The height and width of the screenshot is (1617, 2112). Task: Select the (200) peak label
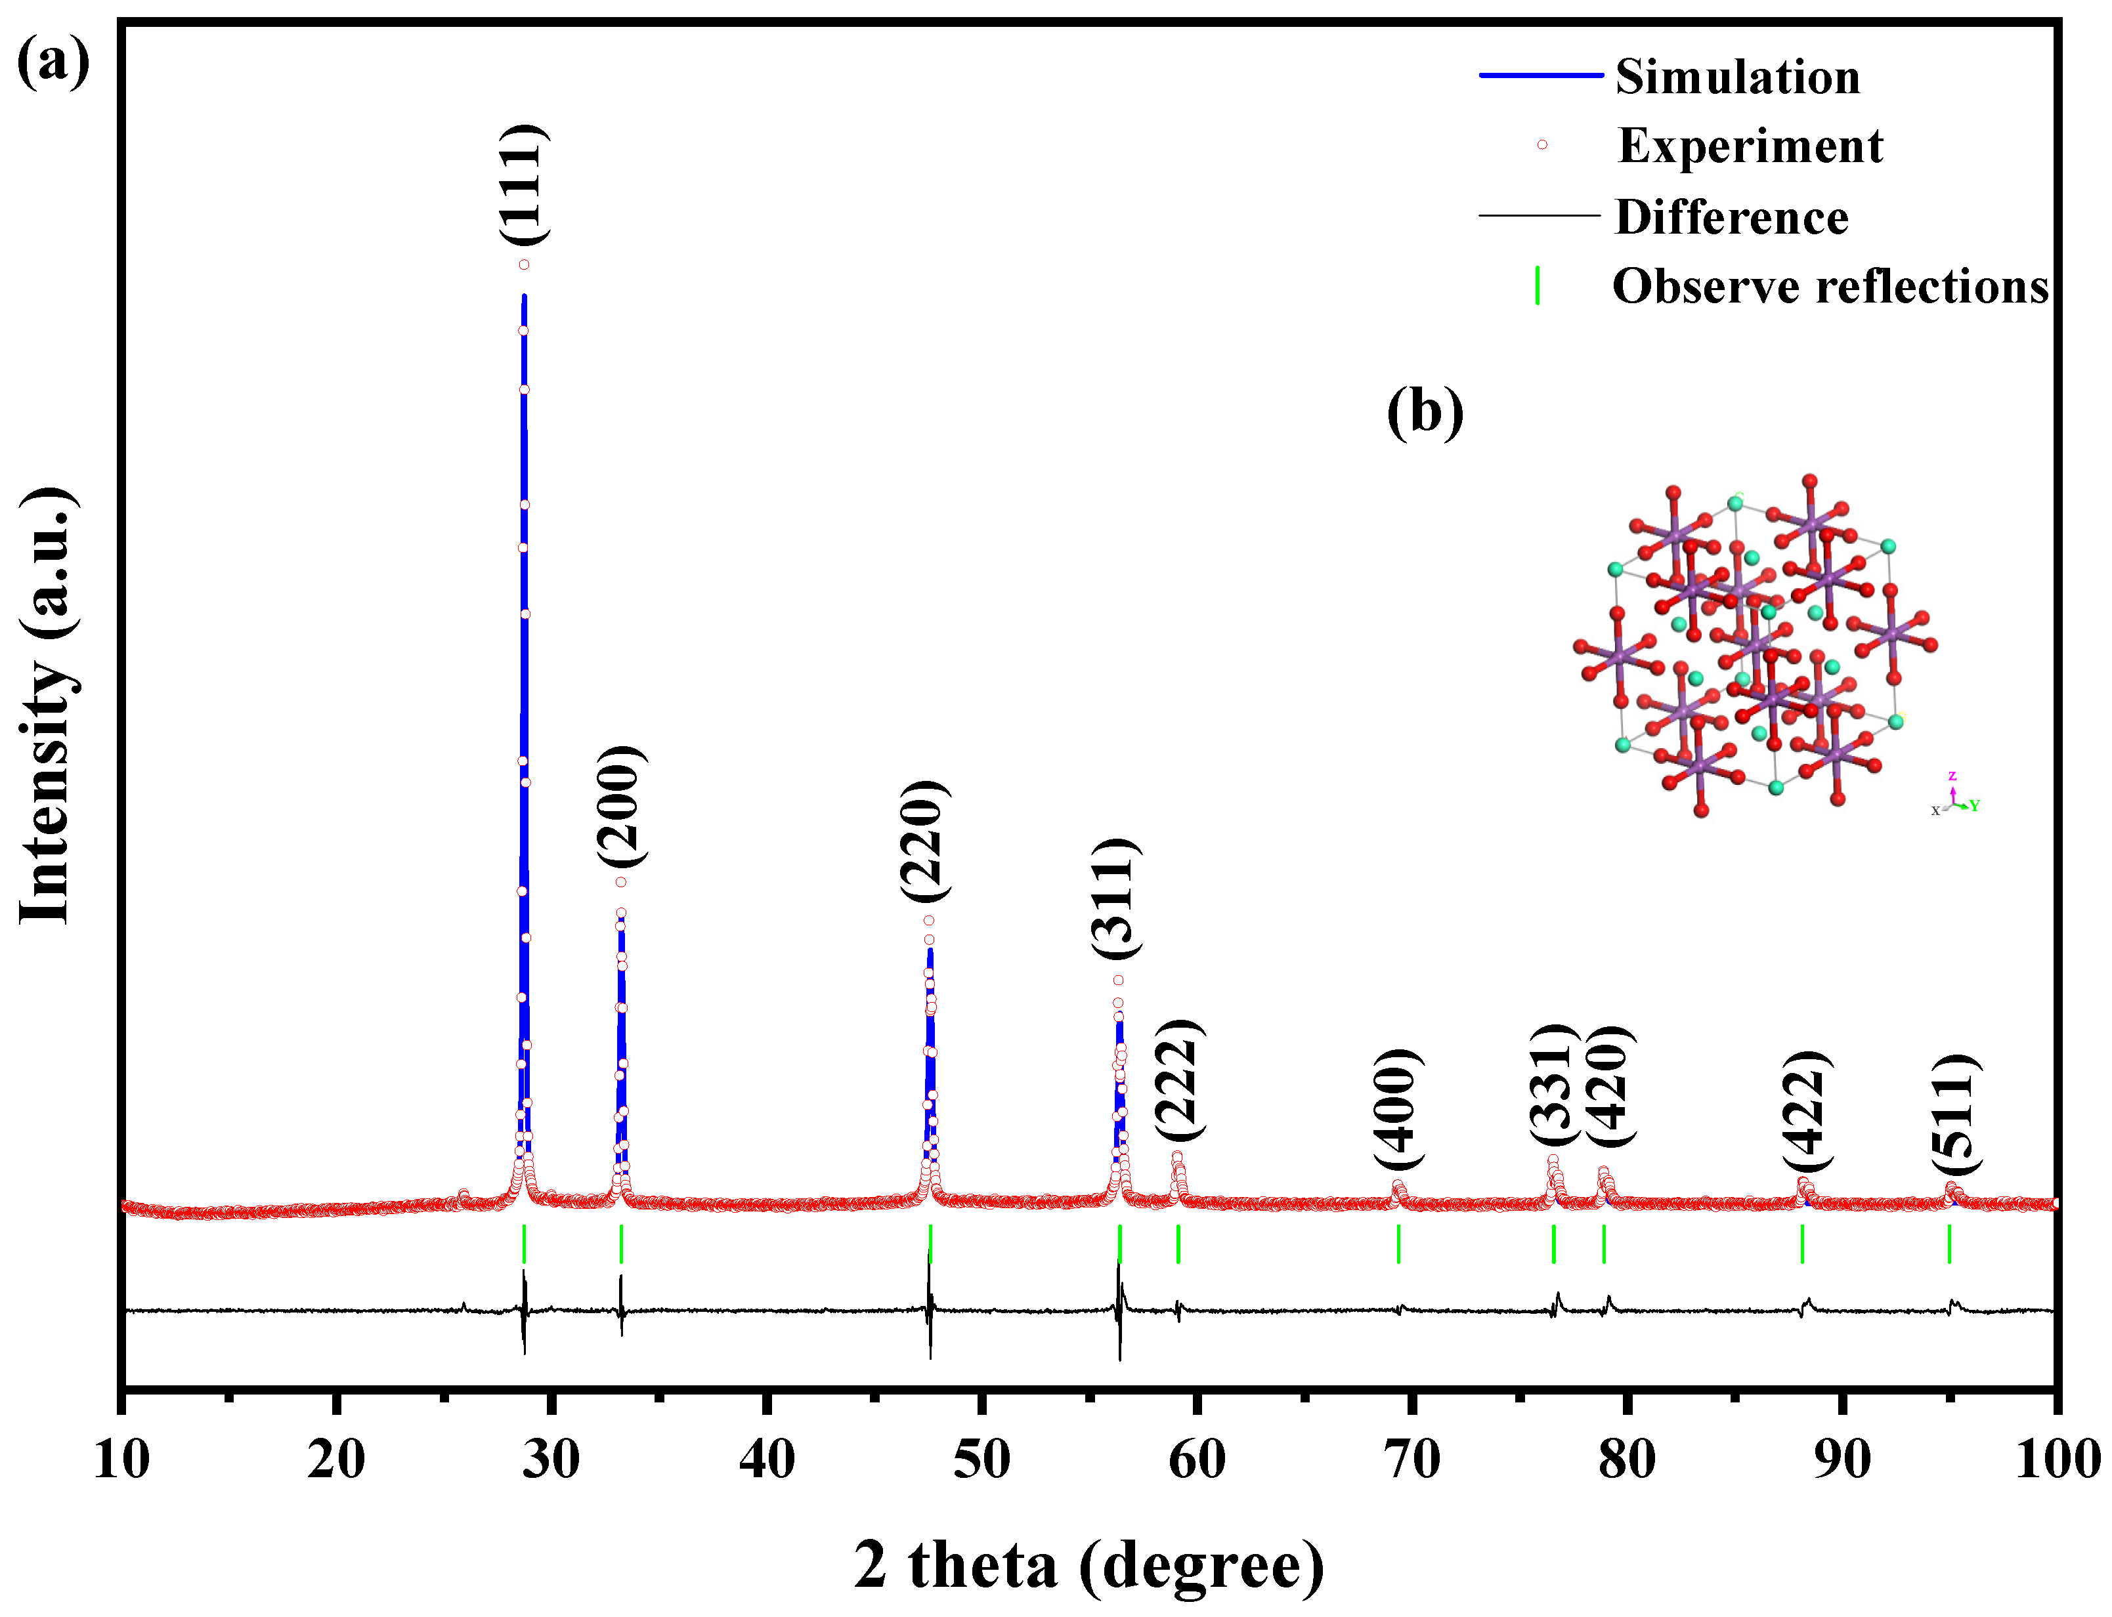tap(622, 807)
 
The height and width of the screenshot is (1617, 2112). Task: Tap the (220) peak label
tap(926, 841)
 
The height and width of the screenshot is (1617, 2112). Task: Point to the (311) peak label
tap(1117, 898)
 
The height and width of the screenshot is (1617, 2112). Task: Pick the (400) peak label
tap(1398, 1109)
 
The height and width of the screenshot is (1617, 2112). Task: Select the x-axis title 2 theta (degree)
tap(1088, 1565)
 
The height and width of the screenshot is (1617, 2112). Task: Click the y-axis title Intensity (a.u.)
tap(46, 707)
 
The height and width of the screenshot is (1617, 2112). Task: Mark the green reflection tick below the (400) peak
tap(1398, 1244)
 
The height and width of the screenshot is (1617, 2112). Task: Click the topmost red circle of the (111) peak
tap(525, 264)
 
